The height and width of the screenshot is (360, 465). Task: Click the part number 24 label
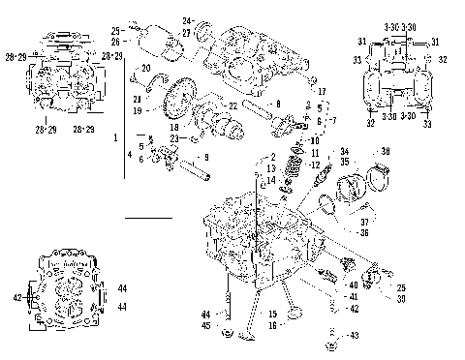187,20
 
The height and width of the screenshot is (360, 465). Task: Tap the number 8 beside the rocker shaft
278,103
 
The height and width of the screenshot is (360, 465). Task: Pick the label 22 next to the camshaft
232,105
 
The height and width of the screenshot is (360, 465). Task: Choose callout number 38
387,153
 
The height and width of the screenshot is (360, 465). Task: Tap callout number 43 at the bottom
353,335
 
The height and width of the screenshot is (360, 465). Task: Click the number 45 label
204,325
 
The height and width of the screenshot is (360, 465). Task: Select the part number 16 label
273,325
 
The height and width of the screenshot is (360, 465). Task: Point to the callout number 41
353,296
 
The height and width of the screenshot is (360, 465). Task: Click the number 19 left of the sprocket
138,111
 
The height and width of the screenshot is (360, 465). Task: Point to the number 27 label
187,32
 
